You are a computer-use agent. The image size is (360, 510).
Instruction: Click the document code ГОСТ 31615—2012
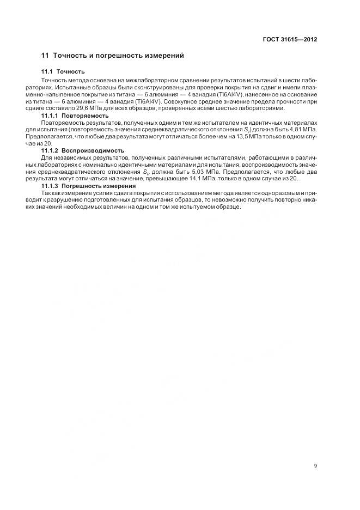[x=291, y=40]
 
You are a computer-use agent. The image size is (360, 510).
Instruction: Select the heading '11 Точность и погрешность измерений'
[x=113, y=56]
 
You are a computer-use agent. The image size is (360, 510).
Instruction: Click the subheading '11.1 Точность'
[x=63, y=71]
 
